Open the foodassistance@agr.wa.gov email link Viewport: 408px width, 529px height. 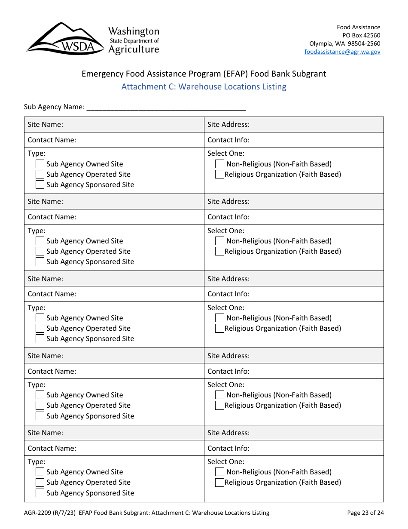(342, 52)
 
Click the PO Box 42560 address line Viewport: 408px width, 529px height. (361, 35)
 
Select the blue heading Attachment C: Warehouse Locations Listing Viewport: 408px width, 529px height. (204, 86)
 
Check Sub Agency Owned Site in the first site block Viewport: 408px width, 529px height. (40, 164)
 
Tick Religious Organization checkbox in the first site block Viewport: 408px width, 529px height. (219, 174)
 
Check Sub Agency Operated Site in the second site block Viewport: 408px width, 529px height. (40, 251)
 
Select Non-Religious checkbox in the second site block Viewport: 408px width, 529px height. (219, 241)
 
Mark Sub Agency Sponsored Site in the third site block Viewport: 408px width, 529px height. (40, 338)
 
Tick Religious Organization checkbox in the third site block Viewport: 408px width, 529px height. (219, 328)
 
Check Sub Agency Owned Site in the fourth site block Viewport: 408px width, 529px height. (40, 395)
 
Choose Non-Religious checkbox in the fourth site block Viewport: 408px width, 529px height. (219, 395)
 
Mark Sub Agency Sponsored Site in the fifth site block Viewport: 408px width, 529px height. (40, 493)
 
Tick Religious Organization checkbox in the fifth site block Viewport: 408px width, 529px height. (219, 482)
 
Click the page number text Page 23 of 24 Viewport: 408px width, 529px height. (365, 513)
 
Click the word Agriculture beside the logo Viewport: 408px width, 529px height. (134, 49)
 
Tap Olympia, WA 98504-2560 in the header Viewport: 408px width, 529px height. (344, 43)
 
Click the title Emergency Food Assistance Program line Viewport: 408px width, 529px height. (204, 74)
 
